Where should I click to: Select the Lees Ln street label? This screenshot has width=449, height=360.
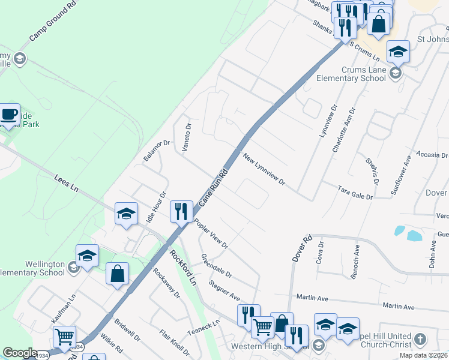point(67,182)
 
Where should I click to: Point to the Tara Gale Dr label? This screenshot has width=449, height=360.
point(355,193)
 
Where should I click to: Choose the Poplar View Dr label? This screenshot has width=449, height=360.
point(211,233)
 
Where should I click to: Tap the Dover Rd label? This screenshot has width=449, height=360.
point(303,247)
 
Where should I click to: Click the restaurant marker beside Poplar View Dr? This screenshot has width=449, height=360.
point(181,212)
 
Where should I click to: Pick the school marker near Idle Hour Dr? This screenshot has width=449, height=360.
point(126,214)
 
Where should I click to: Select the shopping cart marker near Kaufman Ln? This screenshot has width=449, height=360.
point(64,337)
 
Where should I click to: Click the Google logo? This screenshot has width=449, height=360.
point(20,353)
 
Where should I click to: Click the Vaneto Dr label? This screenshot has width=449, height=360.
point(186,138)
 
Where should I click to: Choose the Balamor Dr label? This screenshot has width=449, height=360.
point(157,150)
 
